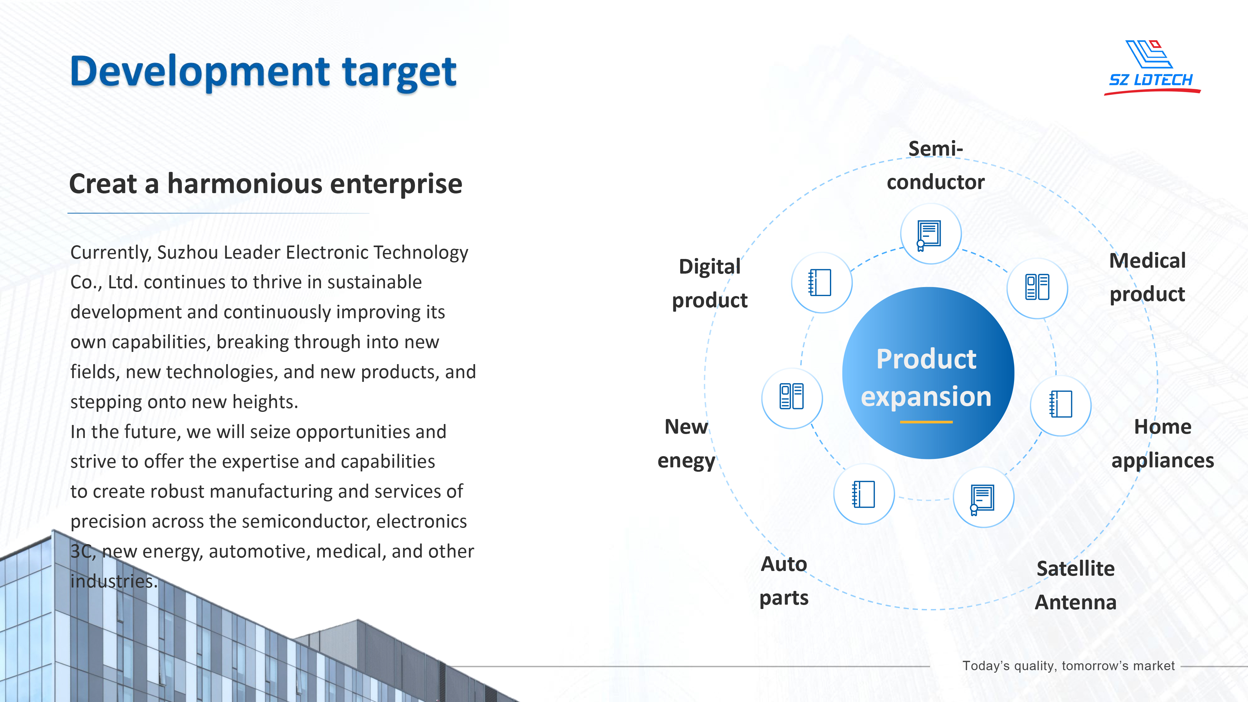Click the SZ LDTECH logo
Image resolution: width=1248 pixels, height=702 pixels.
pos(1152,67)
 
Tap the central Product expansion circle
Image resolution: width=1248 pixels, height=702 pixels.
pos(928,373)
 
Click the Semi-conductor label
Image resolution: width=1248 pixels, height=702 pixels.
pos(935,165)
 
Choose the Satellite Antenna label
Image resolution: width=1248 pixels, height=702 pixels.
pos(1075,585)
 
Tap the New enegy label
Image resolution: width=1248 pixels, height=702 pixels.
pos(686,444)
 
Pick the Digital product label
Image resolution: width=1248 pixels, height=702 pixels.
pos(710,283)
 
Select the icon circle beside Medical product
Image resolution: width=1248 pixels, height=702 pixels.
pos(1037,288)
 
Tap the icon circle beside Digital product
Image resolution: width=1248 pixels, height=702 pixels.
pos(822,282)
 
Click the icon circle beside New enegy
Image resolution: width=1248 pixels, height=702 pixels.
pos(792,398)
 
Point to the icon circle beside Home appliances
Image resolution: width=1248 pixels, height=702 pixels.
pos(1060,405)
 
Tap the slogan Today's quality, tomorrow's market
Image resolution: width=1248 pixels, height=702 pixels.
pos(1068,666)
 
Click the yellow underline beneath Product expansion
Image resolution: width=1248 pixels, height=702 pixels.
pos(926,422)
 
